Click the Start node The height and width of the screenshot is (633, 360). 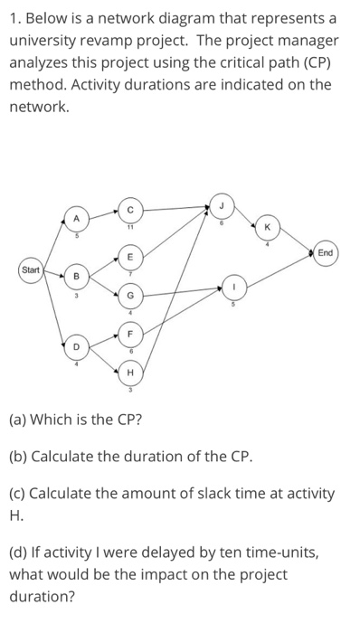click(x=32, y=269)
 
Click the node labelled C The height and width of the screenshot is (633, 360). click(x=129, y=211)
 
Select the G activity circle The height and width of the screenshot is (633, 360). click(x=129, y=295)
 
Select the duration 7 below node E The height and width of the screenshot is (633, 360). click(x=129, y=273)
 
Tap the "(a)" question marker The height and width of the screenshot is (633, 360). click(x=20, y=420)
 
